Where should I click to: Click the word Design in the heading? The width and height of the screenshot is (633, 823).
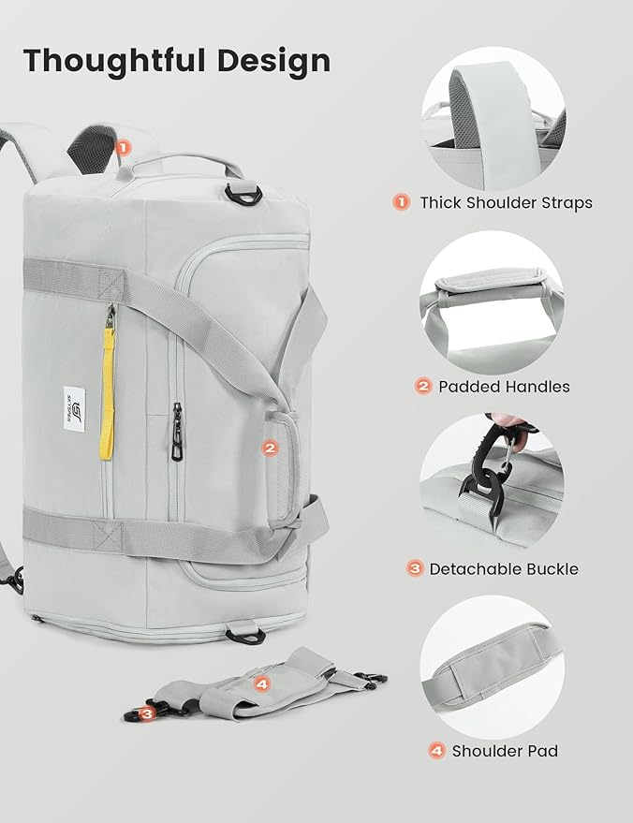(276, 60)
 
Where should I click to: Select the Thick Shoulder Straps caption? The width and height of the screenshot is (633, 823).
(506, 202)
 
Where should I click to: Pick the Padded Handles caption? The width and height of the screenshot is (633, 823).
(505, 386)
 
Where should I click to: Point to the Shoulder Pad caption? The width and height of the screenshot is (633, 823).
(505, 751)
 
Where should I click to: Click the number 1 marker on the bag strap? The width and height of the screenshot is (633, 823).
(125, 147)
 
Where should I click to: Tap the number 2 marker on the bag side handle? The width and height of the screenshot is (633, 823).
(270, 448)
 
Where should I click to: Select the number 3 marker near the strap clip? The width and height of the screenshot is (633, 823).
(148, 713)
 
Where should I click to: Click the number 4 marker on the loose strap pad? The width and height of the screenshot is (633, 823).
(261, 684)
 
